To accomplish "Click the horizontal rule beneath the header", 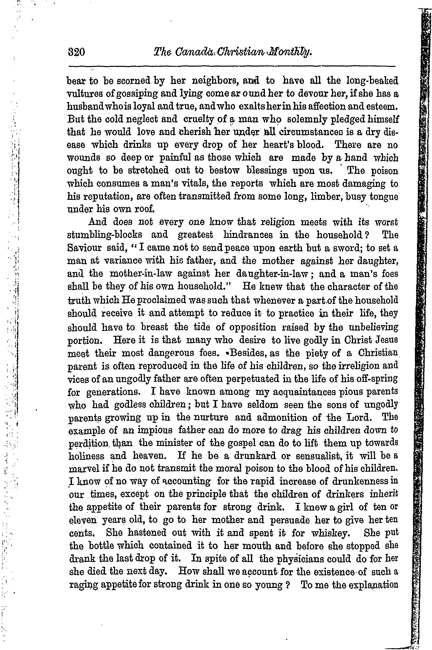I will (231, 66).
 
